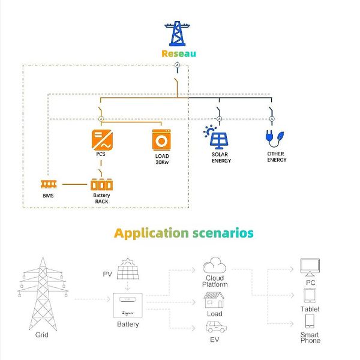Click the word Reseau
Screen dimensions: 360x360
click(x=179, y=53)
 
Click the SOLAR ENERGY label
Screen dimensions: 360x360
click(x=221, y=158)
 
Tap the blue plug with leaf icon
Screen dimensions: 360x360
click(x=272, y=137)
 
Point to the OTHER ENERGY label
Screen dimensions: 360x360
click(x=276, y=158)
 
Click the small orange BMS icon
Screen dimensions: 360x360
click(x=48, y=184)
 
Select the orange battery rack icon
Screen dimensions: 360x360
click(x=101, y=184)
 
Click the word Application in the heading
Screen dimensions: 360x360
click(x=151, y=233)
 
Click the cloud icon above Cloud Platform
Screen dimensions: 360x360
click(x=214, y=265)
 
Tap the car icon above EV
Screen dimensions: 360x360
click(x=214, y=328)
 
